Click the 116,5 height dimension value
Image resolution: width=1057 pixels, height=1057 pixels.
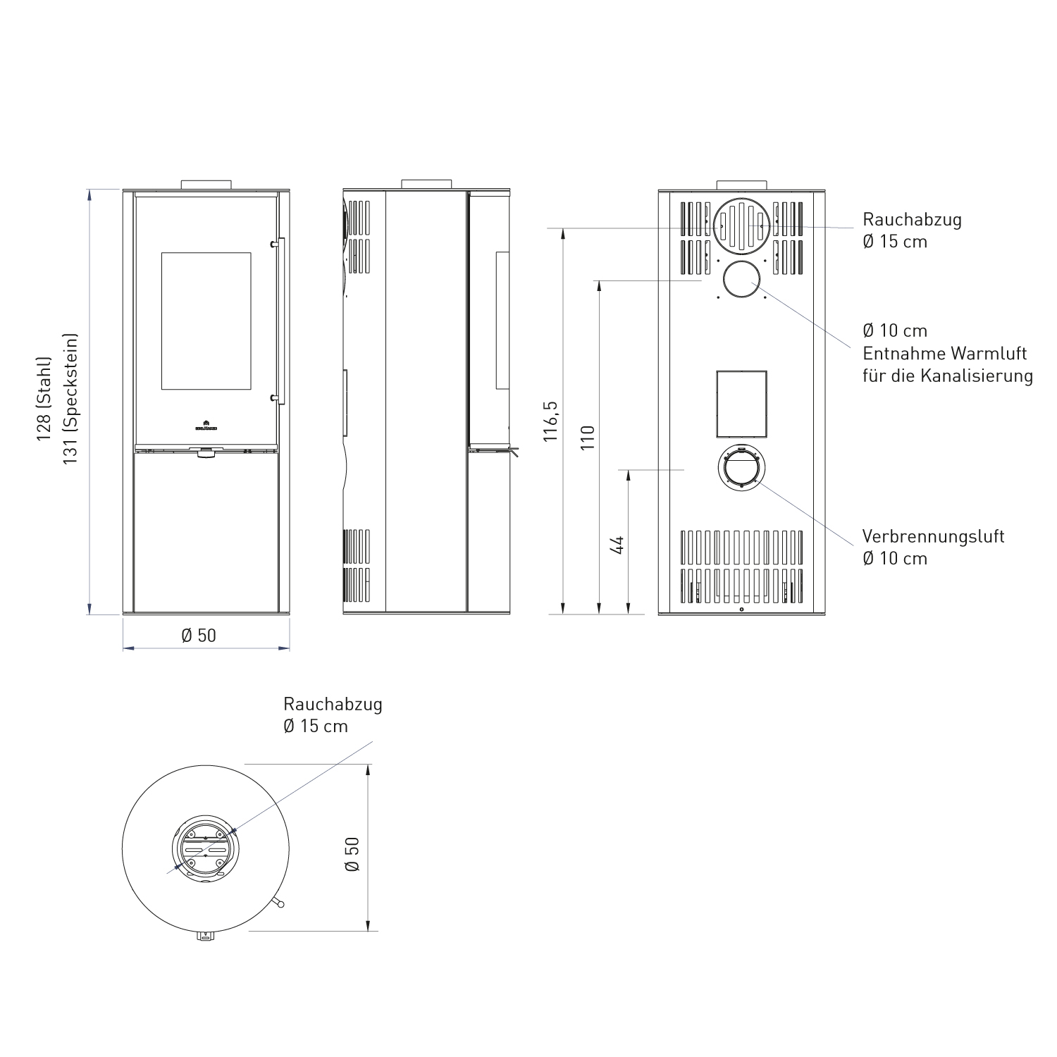(551, 421)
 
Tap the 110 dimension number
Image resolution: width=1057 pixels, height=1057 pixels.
(588, 438)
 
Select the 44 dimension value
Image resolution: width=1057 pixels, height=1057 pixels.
(617, 545)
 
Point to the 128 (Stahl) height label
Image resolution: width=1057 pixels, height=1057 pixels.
(44, 400)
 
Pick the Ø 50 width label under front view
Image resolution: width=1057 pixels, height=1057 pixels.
(199, 636)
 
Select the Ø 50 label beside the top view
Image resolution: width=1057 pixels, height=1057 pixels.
(352, 854)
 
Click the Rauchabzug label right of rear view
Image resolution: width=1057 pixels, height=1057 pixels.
(912, 219)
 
